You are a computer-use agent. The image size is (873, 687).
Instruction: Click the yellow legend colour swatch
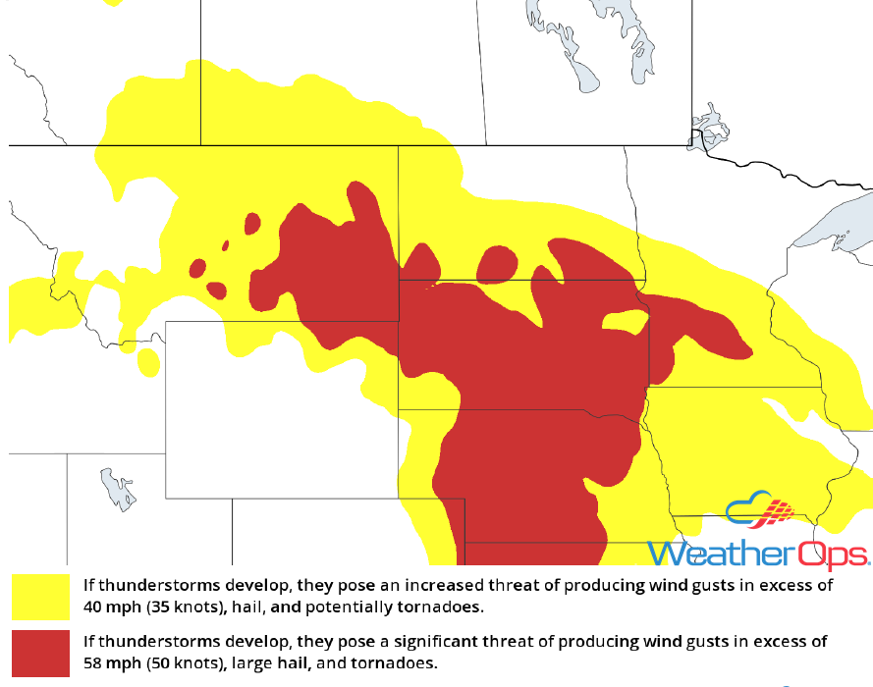pos(40,596)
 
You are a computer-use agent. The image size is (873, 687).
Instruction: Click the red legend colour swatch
pos(40,653)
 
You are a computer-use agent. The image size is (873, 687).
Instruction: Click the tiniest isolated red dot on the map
pos(225,245)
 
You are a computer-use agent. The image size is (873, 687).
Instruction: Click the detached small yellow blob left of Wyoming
pos(148,361)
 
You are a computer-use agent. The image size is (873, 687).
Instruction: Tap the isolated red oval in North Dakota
pos(498,262)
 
